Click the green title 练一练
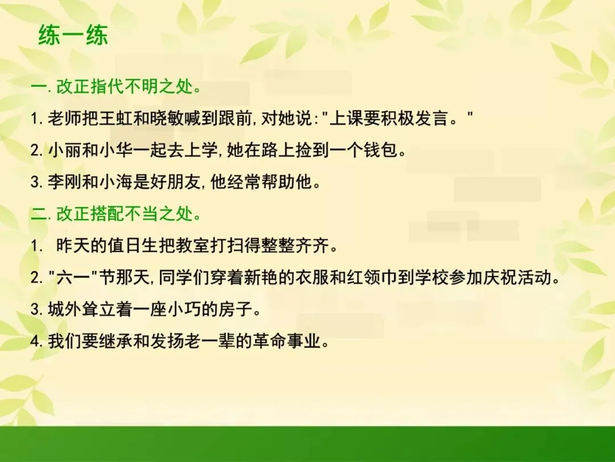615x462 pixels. point(73,35)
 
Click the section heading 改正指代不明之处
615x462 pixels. point(125,86)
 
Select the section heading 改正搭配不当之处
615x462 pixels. point(125,214)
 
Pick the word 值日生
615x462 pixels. point(133,246)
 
